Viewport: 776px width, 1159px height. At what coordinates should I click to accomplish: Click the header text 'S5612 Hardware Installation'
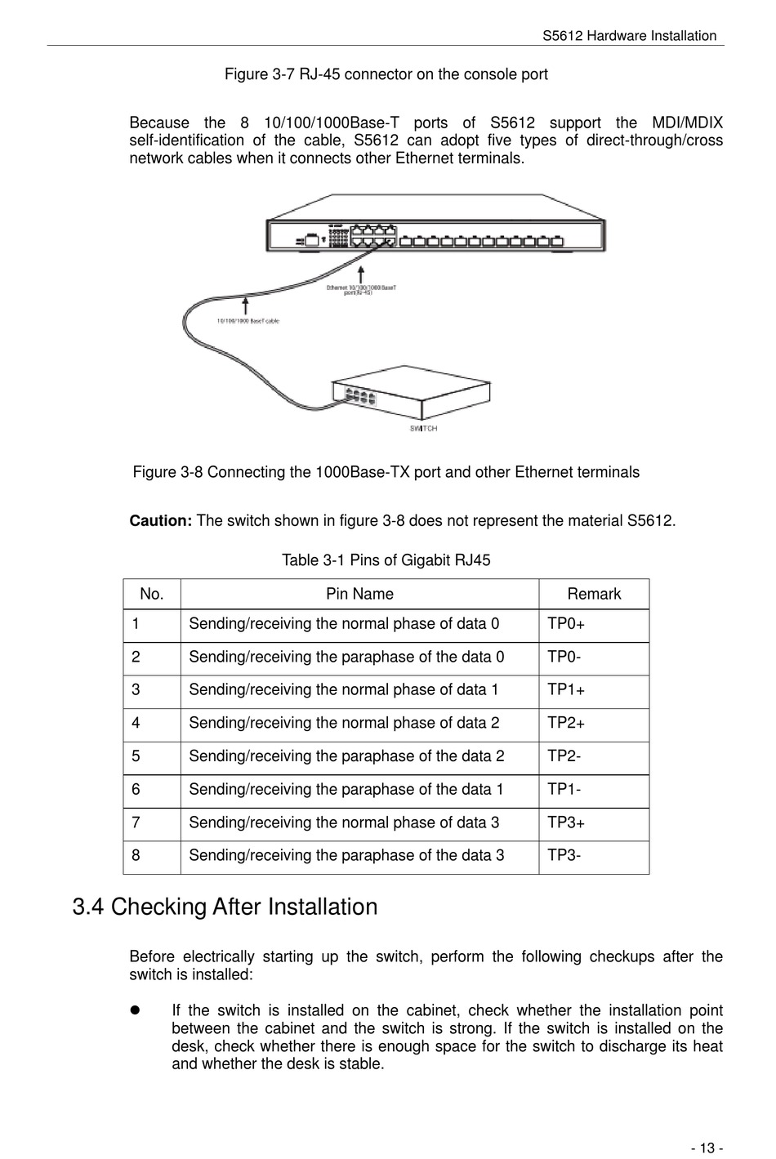pyautogui.click(x=629, y=36)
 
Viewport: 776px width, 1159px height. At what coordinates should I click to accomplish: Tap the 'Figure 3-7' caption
pyautogui.click(x=386, y=74)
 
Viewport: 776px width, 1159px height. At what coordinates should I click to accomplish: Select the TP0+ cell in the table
pyautogui.click(x=566, y=624)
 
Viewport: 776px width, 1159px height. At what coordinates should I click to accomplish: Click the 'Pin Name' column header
pyautogui.click(x=359, y=594)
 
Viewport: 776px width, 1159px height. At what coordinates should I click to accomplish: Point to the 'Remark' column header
pyautogui.click(x=594, y=594)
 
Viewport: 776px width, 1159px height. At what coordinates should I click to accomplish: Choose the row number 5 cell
pyautogui.click(x=136, y=756)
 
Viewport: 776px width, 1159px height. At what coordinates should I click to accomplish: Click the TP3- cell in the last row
pyautogui.click(x=564, y=856)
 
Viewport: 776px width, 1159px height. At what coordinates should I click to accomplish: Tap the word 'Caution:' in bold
pyautogui.click(x=161, y=521)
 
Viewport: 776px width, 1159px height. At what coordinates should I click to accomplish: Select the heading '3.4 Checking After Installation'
pyautogui.click(x=225, y=907)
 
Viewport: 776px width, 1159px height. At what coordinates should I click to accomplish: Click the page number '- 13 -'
pyautogui.click(x=706, y=1148)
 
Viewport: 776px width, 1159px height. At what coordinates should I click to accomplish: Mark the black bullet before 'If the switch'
pyautogui.click(x=136, y=1010)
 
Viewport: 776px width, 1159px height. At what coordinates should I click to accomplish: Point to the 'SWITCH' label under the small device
pyautogui.click(x=423, y=429)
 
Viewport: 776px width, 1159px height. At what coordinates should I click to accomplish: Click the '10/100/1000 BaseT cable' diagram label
pyautogui.click(x=248, y=321)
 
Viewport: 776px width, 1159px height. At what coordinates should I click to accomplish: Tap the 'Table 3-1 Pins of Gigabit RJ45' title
pyautogui.click(x=386, y=560)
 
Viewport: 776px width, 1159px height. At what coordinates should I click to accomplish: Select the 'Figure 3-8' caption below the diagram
pyautogui.click(x=386, y=472)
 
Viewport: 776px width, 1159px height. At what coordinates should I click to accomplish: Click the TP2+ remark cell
pyautogui.click(x=566, y=724)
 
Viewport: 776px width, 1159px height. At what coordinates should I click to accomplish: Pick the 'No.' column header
pyautogui.click(x=152, y=594)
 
